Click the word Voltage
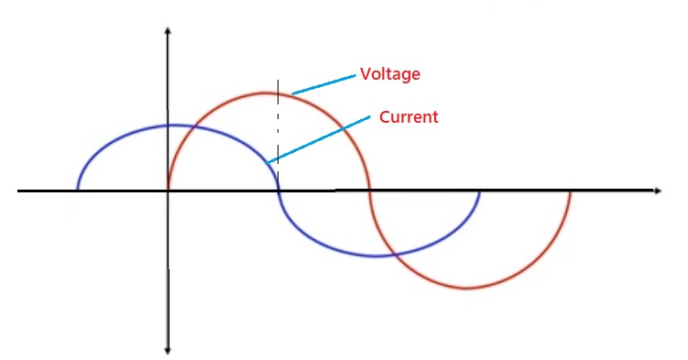(x=390, y=73)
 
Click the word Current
(x=409, y=117)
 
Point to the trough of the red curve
(x=468, y=289)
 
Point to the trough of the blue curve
(x=374, y=256)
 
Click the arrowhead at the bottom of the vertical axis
(x=168, y=350)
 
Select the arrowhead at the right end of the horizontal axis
(x=657, y=191)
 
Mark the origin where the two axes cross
(x=168, y=191)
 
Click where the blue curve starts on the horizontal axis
(x=78, y=191)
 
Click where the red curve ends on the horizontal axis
(x=571, y=191)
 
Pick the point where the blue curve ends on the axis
(x=479, y=191)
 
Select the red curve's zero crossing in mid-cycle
(x=369, y=191)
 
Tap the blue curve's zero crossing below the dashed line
(x=278, y=191)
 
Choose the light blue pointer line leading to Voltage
(x=323, y=83)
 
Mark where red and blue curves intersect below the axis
(x=394, y=254)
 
